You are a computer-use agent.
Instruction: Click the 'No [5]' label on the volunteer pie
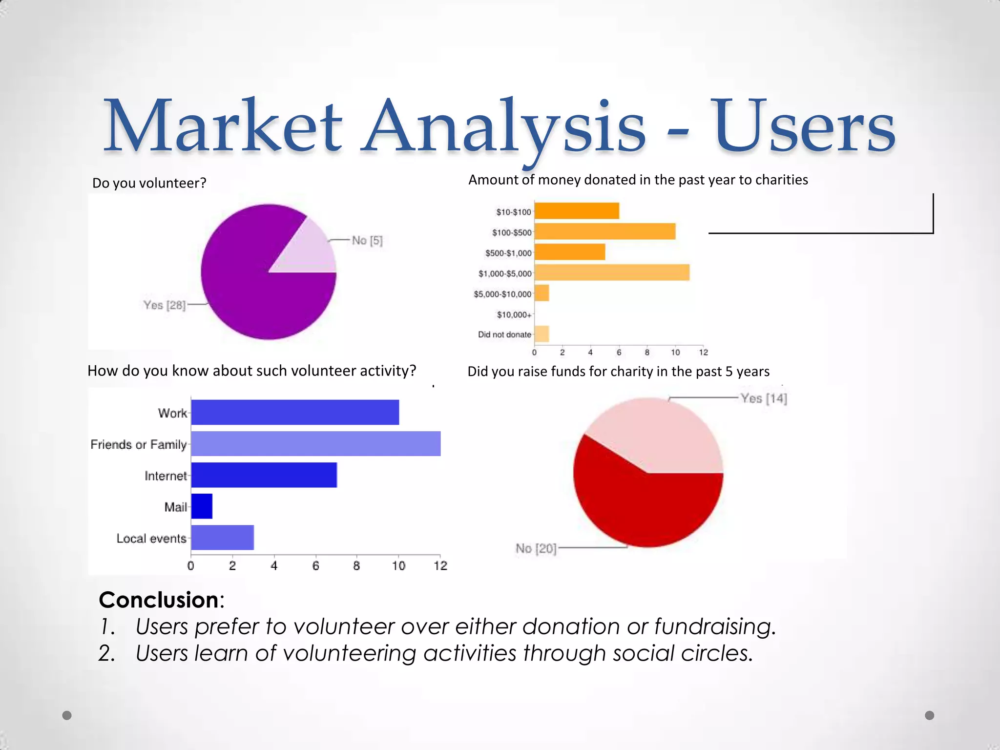click(x=367, y=240)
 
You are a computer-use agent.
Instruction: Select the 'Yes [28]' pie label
click(x=164, y=305)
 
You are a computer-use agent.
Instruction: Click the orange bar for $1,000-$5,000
click(x=612, y=272)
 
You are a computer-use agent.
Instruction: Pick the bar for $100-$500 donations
click(x=605, y=231)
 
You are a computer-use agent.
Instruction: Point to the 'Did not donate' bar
click(x=542, y=334)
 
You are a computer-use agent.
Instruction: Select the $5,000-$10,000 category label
click(x=502, y=294)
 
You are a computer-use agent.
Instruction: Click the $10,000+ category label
click(x=514, y=314)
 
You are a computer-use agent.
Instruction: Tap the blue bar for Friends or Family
click(x=315, y=443)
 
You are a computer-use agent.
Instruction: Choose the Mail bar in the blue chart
click(x=202, y=506)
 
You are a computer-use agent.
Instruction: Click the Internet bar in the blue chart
click(x=264, y=475)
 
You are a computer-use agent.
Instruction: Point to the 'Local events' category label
click(x=151, y=538)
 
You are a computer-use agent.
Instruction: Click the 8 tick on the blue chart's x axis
click(x=356, y=565)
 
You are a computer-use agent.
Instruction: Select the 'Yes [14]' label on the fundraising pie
click(x=763, y=398)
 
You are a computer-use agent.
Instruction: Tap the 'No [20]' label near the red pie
click(x=536, y=549)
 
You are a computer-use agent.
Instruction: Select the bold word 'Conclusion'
click(x=159, y=600)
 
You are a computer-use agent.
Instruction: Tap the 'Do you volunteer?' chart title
click(x=149, y=183)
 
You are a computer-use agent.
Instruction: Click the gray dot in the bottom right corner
click(x=929, y=715)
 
